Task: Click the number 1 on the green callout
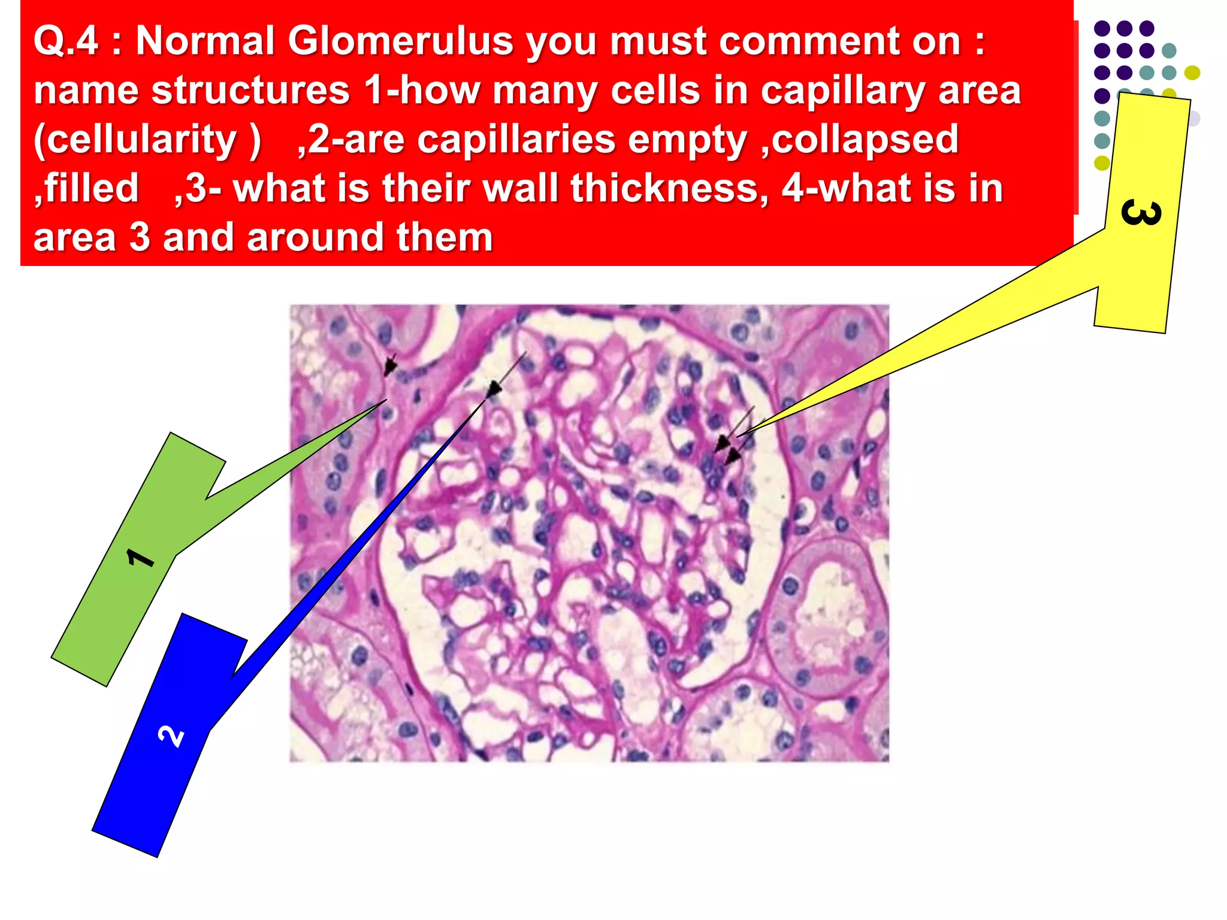[141, 558]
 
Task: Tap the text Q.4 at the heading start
[65, 41]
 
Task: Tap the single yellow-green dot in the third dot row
[1192, 73]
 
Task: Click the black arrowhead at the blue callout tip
[493, 390]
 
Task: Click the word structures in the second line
[251, 90]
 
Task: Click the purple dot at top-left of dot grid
[1102, 28]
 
